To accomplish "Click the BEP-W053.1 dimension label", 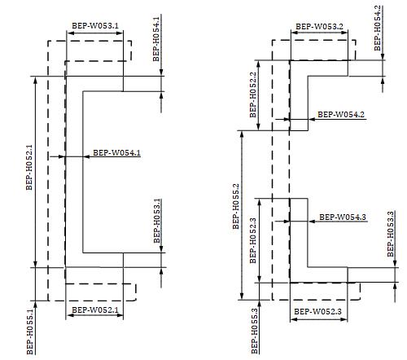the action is pyautogui.click(x=95, y=26).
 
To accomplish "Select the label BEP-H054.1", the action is pyautogui.click(x=156, y=39).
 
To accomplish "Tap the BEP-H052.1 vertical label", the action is pyautogui.click(x=29, y=168).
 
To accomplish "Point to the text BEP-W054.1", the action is pyautogui.click(x=117, y=153).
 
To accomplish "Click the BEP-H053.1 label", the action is pyautogui.click(x=157, y=221).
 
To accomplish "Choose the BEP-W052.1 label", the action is pyautogui.click(x=95, y=310).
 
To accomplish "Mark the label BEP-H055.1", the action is pyautogui.click(x=30, y=332).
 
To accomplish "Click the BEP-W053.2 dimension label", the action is pyautogui.click(x=319, y=27).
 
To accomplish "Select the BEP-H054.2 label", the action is pyautogui.click(x=378, y=29).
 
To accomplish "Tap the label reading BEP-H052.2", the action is pyautogui.click(x=253, y=94).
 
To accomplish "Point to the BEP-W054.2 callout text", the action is pyautogui.click(x=341, y=115).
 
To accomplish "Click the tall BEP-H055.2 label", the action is pyautogui.click(x=236, y=207).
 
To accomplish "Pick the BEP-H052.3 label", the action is pyautogui.click(x=253, y=240).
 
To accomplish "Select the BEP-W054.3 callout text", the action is pyautogui.click(x=343, y=217).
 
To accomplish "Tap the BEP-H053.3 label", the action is pyautogui.click(x=391, y=234).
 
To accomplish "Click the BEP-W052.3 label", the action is pyautogui.click(x=317, y=311).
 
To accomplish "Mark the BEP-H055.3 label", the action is pyautogui.click(x=255, y=331).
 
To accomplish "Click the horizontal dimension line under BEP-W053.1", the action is pyautogui.click(x=95, y=33).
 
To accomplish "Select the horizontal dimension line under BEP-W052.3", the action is pyautogui.click(x=319, y=319).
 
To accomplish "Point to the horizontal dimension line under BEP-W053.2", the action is pyautogui.click(x=319, y=33).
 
